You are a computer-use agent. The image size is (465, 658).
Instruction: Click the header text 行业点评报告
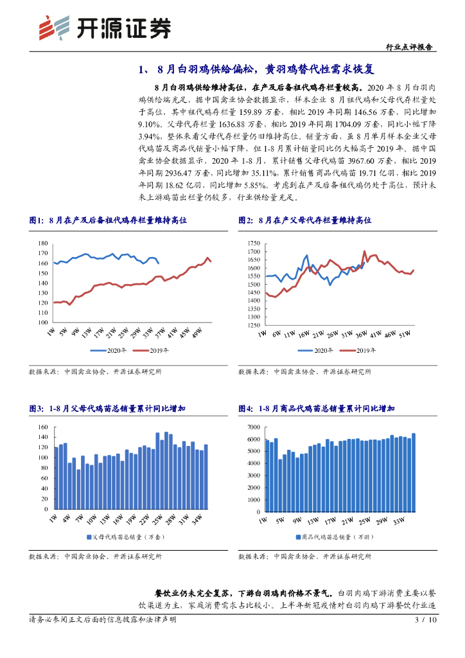pos(410,47)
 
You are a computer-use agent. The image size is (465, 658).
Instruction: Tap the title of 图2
pos(304,220)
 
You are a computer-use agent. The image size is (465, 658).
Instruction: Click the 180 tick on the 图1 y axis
pos(44,243)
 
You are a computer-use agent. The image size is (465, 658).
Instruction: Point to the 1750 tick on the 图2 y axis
pos(252,243)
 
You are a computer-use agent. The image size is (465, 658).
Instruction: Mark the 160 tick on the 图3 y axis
pos(44,427)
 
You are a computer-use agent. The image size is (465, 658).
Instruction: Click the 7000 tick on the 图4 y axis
pos(252,427)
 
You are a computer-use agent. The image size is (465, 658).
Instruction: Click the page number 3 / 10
pos(426,620)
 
